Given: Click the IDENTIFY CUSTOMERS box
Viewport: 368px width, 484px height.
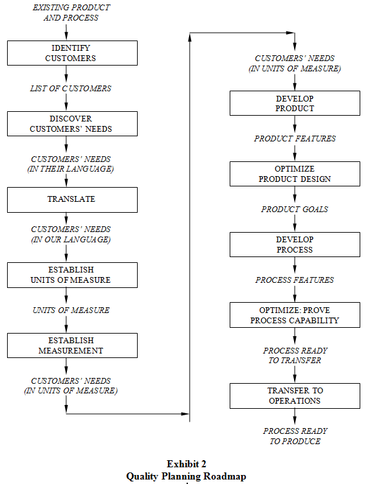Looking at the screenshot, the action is [x=72, y=53].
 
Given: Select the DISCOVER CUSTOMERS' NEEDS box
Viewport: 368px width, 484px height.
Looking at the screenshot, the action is [x=72, y=123].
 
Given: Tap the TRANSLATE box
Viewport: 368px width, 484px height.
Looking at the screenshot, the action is [x=72, y=200].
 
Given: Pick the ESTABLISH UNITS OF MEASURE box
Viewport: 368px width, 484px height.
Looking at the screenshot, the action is [x=72, y=275].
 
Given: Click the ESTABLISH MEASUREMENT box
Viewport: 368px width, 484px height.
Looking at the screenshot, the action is [x=72, y=345].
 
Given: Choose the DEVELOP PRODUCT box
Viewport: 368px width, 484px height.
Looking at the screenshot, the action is [x=295, y=103].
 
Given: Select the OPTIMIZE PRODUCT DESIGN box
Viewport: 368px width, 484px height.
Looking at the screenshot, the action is [x=295, y=174].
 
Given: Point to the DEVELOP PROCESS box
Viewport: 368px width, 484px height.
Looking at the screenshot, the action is [x=295, y=244].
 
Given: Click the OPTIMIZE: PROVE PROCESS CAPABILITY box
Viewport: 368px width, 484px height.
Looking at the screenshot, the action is [x=295, y=315].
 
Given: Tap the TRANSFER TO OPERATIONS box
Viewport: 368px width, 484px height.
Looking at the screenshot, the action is [x=295, y=396].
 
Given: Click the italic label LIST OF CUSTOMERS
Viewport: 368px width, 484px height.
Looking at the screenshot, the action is [x=71, y=89].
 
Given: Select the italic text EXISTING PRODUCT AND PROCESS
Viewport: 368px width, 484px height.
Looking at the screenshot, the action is [x=71, y=13].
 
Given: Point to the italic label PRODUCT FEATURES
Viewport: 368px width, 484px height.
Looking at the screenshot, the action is [x=295, y=139].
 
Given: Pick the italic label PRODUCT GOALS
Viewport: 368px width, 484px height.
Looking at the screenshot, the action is [x=295, y=210].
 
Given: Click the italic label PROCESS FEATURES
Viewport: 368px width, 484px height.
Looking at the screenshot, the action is [x=295, y=280].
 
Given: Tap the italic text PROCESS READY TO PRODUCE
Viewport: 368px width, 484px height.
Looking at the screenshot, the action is [x=295, y=436].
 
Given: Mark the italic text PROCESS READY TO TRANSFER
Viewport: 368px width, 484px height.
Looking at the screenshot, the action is [x=295, y=355].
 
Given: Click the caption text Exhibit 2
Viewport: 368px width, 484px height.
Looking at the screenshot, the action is [x=187, y=464].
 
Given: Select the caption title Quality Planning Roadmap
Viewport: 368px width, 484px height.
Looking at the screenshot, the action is [x=186, y=476].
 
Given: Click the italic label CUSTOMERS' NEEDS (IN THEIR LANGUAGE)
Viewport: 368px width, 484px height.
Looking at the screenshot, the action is [x=71, y=164].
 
